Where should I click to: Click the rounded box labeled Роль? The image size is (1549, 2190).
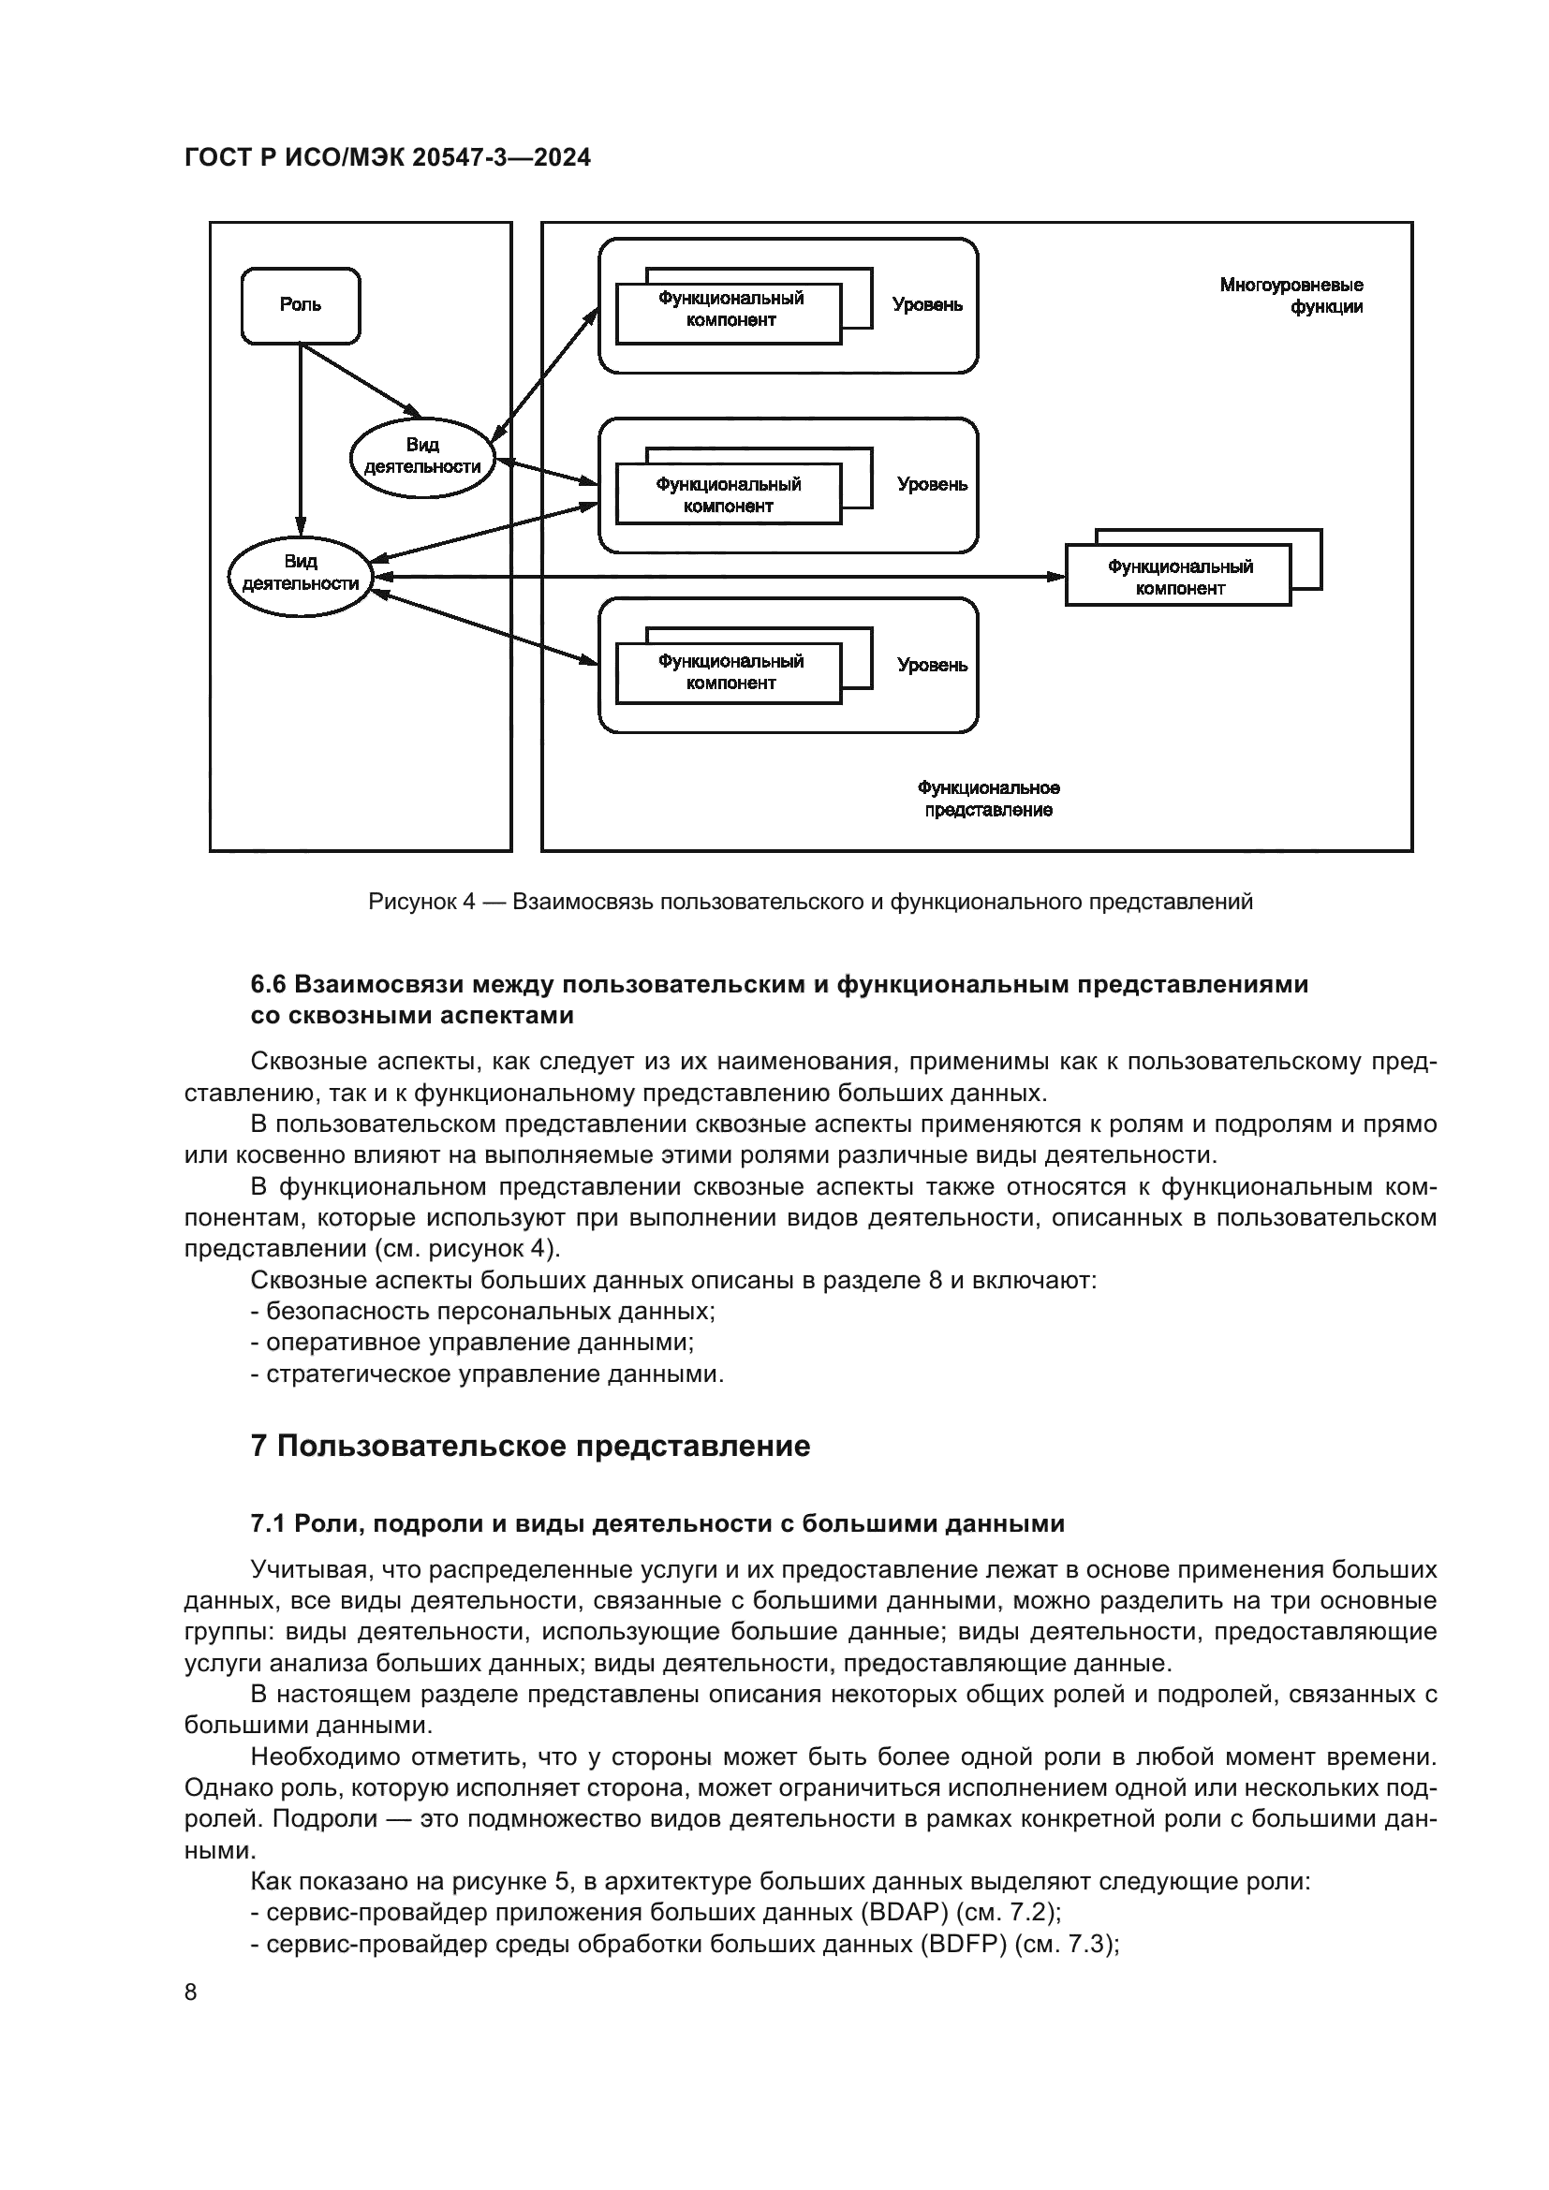point(301,305)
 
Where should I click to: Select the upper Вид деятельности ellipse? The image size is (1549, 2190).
point(422,457)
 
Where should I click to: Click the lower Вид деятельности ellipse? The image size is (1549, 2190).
point(300,573)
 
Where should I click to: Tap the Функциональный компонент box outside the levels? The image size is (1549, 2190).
point(1178,576)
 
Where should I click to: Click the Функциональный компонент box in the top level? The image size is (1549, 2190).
point(730,310)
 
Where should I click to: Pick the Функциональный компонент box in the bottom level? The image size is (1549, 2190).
point(730,673)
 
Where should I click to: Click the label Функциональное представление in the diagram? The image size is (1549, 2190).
point(988,800)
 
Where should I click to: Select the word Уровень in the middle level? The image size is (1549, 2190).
point(931,485)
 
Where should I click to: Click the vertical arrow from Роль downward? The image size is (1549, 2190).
point(301,439)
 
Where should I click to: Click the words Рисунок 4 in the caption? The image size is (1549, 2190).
point(420,902)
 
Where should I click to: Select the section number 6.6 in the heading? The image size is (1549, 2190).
point(268,984)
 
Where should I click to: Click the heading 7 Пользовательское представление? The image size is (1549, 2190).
point(529,1446)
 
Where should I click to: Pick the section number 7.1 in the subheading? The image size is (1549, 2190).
point(268,1524)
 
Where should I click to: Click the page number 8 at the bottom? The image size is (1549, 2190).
point(191,1992)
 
